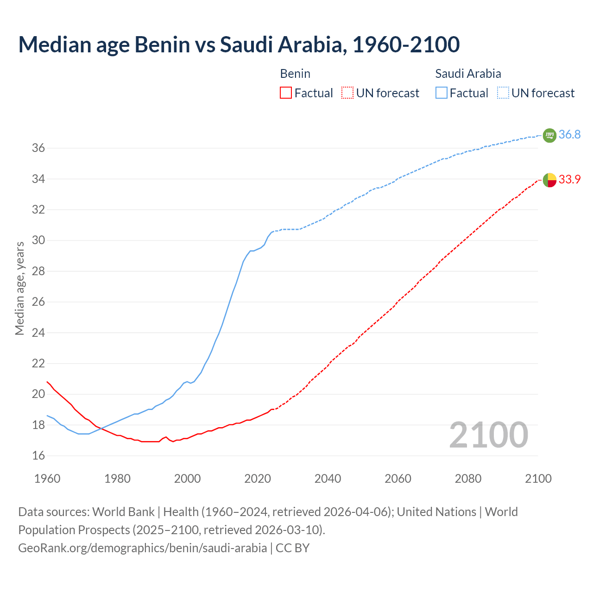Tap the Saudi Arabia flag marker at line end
549,135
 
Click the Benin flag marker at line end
549,179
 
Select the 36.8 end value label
569,135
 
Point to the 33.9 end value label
569,179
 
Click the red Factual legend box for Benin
286,93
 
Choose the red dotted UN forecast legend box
347,93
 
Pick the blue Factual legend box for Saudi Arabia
442,93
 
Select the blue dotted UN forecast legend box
503,93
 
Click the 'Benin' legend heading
295,74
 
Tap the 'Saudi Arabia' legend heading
468,74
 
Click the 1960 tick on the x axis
47,479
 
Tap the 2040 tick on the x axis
328,479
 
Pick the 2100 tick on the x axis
538,479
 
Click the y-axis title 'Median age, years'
19,288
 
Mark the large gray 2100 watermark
488,435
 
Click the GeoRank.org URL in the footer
142,548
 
